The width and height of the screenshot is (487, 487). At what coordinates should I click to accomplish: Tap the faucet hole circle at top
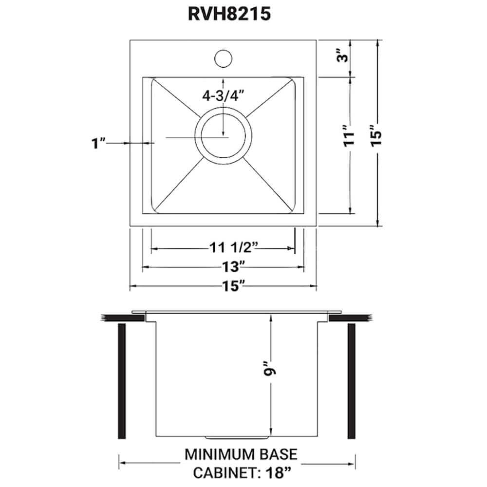pos(223,57)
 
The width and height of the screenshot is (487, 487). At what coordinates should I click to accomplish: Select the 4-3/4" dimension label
pos(223,96)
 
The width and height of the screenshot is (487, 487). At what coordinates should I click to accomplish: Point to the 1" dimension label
pos(99,144)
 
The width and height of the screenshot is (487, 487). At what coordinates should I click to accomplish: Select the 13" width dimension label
pos(223,267)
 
